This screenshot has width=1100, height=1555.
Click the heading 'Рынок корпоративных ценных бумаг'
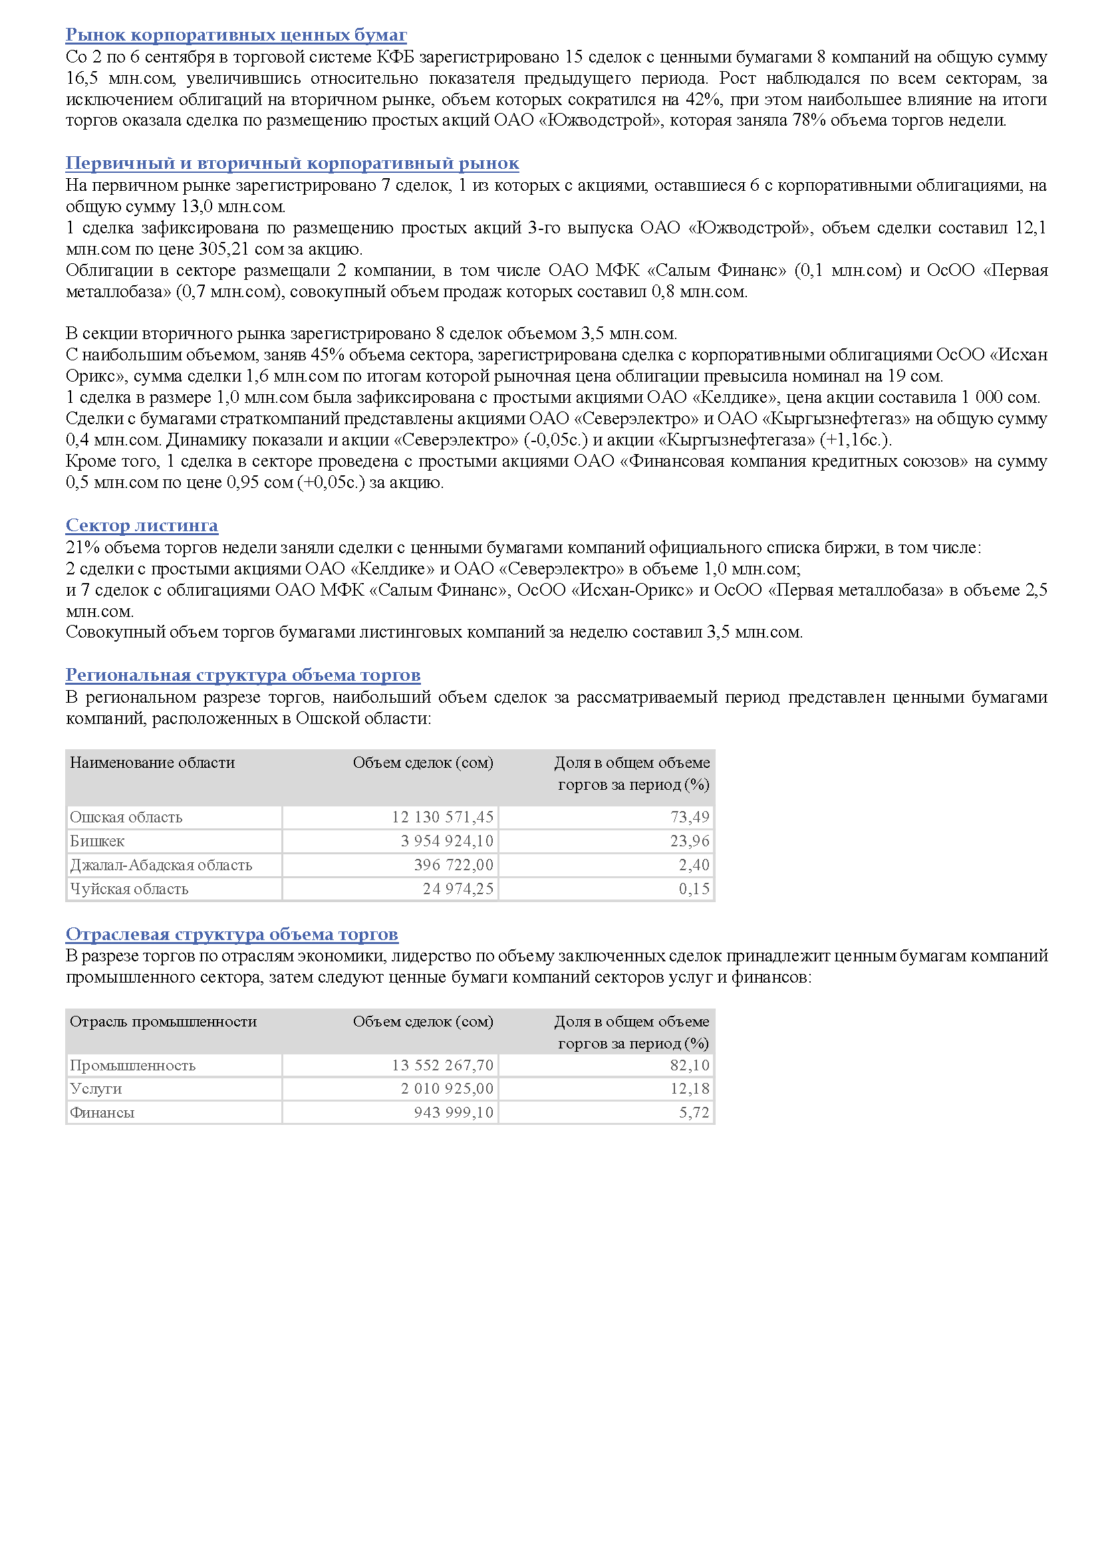click(x=235, y=35)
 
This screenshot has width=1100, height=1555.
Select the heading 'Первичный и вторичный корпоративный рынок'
click(x=292, y=164)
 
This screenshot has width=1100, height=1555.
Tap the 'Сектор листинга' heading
click(x=142, y=526)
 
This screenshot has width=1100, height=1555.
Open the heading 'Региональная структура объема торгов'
click(x=243, y=675)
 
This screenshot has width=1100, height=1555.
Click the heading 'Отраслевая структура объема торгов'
click(x=231, y=935)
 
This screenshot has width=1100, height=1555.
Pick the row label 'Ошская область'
click(x=126, y=818)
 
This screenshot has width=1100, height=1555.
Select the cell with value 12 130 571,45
click(x=442, y=818)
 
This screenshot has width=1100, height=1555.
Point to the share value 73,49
click(x=690, y=818)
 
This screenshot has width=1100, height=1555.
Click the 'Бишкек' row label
click(x=97, y=841)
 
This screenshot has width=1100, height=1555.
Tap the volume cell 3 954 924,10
click(x=447, y=841)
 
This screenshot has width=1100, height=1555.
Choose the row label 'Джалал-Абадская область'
click(x=160, y=865)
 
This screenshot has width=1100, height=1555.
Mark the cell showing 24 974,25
click(x=458, y=889)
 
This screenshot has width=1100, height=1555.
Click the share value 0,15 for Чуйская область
click(x=694, y=889)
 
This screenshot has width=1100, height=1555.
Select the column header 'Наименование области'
click(x=152, y=763)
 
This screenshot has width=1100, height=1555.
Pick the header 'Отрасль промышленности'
click(x=163, y=1021)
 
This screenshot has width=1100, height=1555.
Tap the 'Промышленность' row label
click(x=133, y=1065)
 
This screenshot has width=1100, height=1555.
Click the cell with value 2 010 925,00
click(x=447, y=1088)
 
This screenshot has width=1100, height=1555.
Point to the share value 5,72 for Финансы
click(x=694, y=1112)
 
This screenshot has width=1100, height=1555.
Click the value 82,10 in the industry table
click(x=690, y=1065)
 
